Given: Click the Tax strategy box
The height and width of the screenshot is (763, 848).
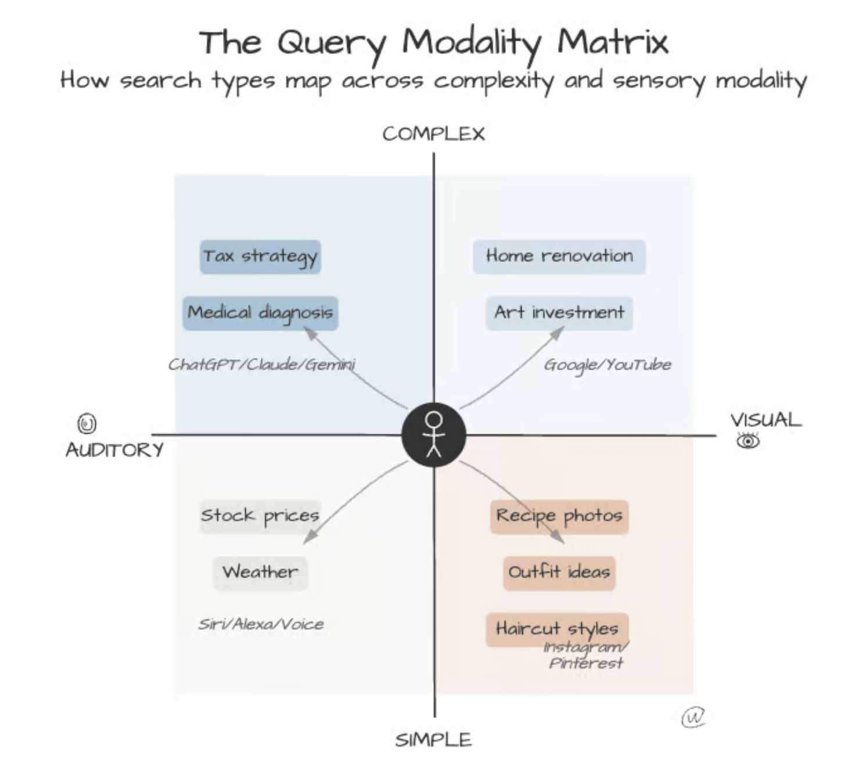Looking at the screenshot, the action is point(260,257).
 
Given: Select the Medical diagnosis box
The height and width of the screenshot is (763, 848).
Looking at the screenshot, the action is point(260,313).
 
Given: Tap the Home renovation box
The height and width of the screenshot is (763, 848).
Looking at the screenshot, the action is point(559,257).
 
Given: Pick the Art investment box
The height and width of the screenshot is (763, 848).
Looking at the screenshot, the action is point(559,313).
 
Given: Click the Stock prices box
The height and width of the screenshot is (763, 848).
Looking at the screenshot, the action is point(260,517).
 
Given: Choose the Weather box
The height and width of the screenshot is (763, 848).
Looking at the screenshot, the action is point(260,573).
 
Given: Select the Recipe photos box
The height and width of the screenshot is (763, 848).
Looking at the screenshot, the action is point(559,517).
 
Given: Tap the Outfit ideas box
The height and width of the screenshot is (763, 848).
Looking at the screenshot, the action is point(559,573).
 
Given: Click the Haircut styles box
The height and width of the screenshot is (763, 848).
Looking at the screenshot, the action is point(557,629).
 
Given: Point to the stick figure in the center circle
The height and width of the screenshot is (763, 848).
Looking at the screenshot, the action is point(434,434).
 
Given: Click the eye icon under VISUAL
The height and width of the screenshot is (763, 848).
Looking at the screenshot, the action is point(748,441).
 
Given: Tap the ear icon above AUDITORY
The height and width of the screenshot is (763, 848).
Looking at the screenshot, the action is point(87,423).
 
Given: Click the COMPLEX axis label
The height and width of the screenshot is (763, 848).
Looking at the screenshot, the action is point(433,134).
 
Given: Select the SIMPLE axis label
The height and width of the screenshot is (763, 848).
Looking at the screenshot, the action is point(433,740).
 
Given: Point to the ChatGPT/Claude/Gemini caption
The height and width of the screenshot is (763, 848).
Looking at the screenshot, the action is point(262,364).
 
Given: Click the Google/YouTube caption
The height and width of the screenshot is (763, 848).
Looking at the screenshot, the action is point(608,365).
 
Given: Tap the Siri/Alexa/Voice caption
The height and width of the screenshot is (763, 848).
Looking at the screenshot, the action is point(261,624).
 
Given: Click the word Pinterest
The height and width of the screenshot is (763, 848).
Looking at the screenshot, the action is point(586,663).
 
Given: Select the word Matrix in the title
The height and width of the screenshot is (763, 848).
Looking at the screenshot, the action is point(613,42).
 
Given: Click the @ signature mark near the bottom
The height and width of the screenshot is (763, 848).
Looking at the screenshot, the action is point(693,717).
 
